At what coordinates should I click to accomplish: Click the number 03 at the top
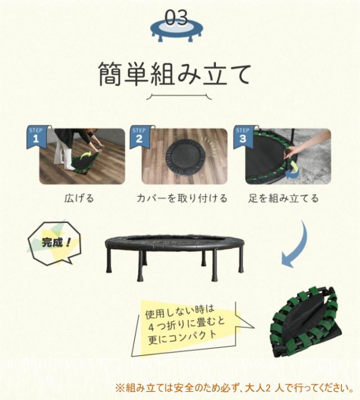(x=176, y=17)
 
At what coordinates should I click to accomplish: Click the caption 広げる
(x=79, y=198)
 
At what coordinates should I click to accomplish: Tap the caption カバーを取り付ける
(x=182, y=198)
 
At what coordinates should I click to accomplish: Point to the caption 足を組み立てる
(x=283, y=198)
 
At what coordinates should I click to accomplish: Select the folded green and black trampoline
(x=307, y=322)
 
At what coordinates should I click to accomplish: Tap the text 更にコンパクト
(x=182, y=337)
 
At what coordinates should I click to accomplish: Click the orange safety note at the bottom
(x=235, y=388)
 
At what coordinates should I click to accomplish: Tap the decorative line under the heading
(x=179, y=96)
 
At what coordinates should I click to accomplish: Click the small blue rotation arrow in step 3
(x=292, y=175)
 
